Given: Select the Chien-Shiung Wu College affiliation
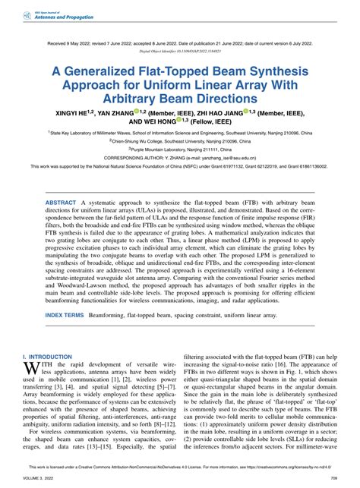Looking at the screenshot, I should click(180, 142).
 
